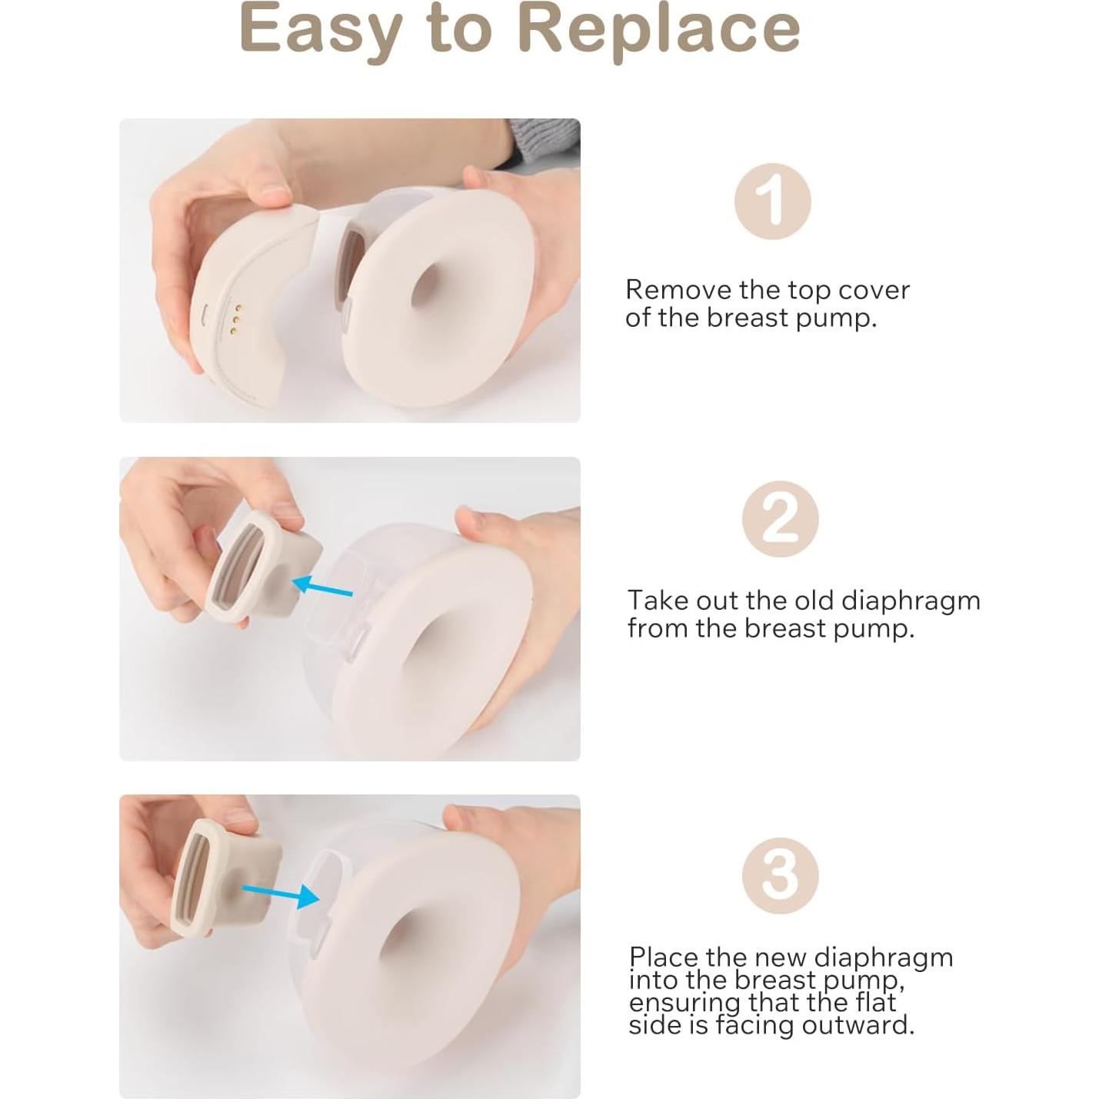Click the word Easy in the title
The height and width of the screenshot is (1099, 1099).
point(318,29)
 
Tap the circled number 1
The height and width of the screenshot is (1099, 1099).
point(772,201)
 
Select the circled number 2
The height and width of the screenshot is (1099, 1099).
point(780,520)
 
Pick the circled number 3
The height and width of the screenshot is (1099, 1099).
point(780,876)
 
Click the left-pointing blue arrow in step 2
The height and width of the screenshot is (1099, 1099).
point(324,588)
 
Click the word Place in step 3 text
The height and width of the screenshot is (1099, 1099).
point(664,957)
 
